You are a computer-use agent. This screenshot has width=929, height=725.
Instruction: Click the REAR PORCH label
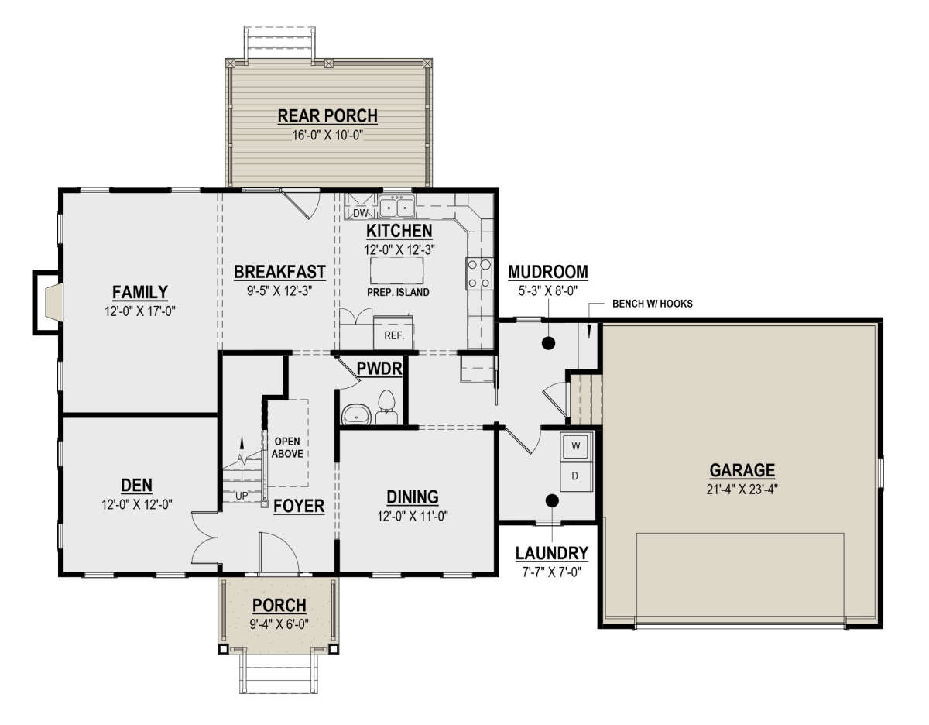coord(327,116)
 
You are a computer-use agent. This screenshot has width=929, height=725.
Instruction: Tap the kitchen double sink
coord(396,207)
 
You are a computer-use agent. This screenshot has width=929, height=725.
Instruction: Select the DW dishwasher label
coord(361,212)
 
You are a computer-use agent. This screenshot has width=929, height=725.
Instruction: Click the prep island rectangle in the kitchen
coord(397,270)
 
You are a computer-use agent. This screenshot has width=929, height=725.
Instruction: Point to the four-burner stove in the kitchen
coord(479,273)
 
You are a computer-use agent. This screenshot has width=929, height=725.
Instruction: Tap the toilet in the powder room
coord(386,407)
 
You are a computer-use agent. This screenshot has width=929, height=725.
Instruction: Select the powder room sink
coord(355,414)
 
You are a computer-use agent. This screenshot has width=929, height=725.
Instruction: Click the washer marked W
coord(576,447)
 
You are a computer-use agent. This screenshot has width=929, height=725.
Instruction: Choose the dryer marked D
coord(576,476)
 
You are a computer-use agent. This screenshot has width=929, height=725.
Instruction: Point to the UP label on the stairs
coord(242,496)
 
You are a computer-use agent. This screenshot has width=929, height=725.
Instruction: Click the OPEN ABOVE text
coord(287,448)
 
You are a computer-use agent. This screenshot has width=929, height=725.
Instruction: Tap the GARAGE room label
coord(742,470)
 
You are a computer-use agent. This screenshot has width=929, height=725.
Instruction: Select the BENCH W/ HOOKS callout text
coord(653,304)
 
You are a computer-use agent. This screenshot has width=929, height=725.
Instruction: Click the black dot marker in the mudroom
coord(549,343)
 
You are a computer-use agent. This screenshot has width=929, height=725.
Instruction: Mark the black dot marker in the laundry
coord(552,500)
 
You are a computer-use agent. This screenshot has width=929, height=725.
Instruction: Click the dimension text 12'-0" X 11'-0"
coord(413,517)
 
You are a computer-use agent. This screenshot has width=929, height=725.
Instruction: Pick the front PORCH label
coord(279,605)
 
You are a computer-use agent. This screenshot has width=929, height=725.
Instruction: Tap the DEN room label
coord(137,485)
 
